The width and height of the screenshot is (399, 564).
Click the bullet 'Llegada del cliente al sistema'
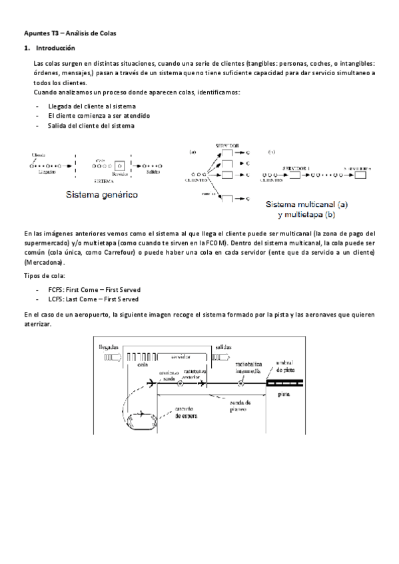click(x=92, y=106)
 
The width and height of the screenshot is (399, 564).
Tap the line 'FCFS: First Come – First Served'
click(x=94, y=289)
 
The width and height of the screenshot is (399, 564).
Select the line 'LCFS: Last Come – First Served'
click(x=93, y=299)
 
